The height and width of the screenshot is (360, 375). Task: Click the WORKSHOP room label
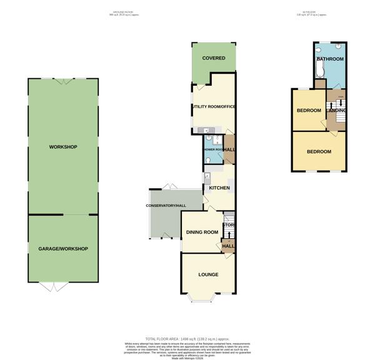[x=62, y=147]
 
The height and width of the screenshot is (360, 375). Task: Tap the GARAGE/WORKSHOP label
[x=62, y=249]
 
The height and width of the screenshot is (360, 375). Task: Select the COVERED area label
[x=213, y=58]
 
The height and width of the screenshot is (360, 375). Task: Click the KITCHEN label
[x=219, y=188]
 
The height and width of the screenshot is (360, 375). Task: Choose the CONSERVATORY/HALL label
[x=166, y=206]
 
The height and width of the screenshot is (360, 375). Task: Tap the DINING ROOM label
[x=202, y=232]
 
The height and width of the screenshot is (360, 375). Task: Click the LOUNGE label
[x=208, y=274]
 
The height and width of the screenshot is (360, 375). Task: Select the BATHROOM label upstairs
[x=330, y=59]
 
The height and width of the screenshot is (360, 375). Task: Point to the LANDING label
[x=338, y=111]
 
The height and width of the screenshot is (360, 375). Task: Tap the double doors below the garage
[x=53, y=287]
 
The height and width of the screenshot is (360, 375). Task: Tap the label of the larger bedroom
[x=319, y=152]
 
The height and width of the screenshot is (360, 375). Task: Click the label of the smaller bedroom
[x=309, y=111]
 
